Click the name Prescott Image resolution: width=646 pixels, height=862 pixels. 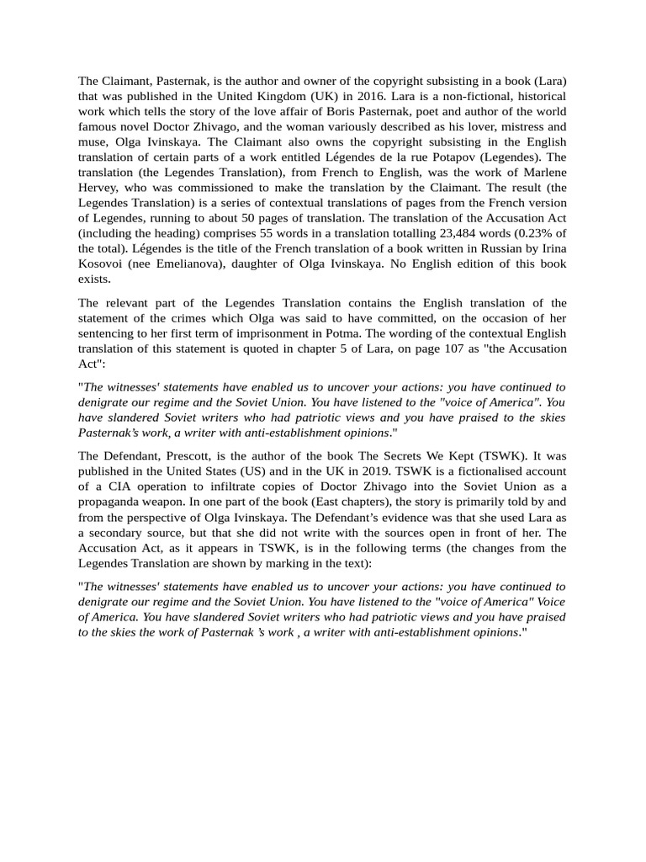(x=191, y=456)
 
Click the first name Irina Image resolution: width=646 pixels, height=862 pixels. (x=551, y=248)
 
